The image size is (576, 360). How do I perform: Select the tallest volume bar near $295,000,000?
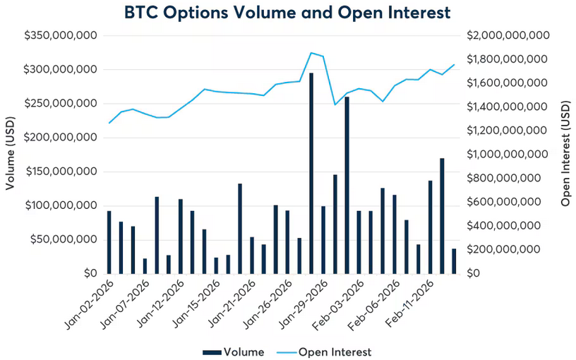click(x=311, y=173)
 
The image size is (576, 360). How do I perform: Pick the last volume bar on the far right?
click(x=454, y=261)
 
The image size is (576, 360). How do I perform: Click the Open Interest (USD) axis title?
click(x=565, y=154)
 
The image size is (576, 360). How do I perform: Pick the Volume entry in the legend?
click(x=234, y=352)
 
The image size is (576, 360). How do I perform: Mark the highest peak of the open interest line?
click(x=311, y=52)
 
